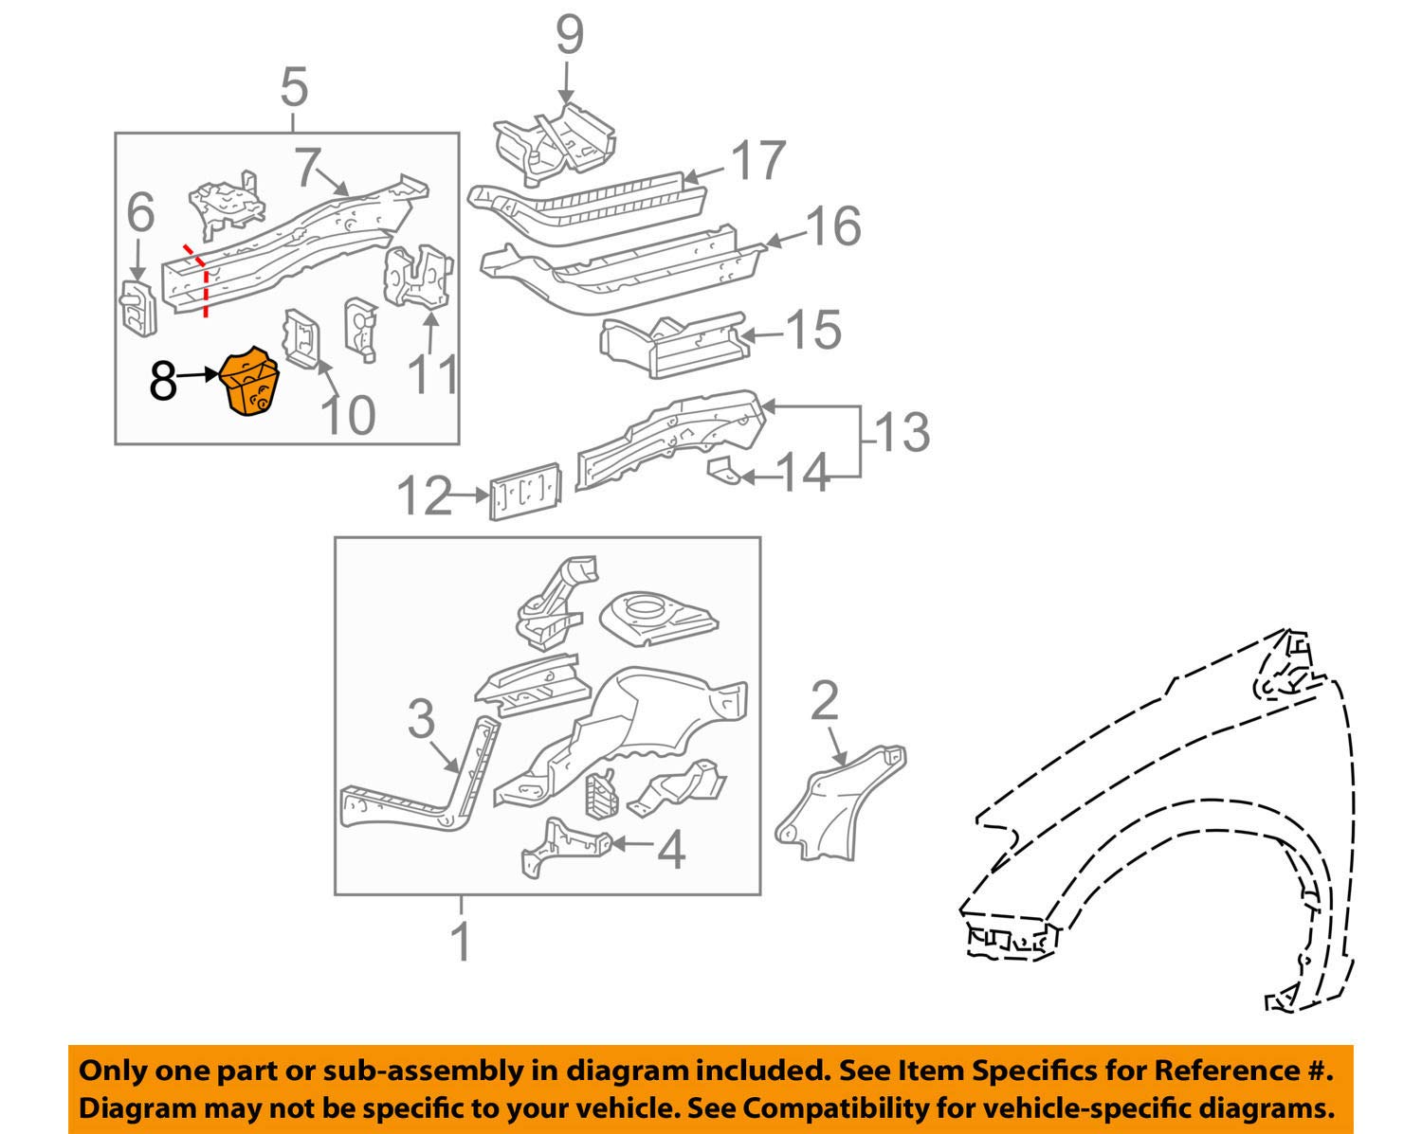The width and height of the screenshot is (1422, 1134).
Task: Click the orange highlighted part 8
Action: pos(249,383)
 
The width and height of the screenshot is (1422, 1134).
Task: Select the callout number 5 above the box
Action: pos(295,87)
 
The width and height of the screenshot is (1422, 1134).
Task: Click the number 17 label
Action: pos(758,161)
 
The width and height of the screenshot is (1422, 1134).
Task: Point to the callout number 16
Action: pos(833,226)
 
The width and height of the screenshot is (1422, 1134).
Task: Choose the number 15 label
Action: pos(812,330)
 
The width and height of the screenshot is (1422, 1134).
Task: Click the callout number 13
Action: pos(901,432)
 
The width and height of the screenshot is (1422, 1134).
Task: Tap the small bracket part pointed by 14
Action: pos(724,470)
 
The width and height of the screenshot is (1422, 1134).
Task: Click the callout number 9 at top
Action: pos(568,35)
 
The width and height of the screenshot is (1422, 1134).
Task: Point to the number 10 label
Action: pos(348,414)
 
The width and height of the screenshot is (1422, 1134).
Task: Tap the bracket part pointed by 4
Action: pos(564,846)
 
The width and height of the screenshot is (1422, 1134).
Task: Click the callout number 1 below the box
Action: pos(462,942)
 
